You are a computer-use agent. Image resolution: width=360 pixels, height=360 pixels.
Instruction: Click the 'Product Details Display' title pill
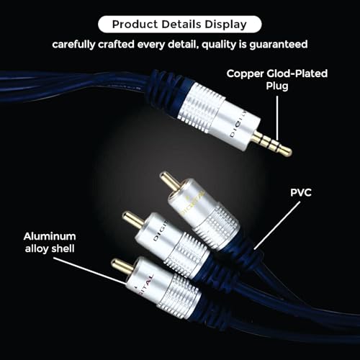tap(179, 24)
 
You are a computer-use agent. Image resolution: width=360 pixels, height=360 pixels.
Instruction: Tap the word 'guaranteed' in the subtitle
tap(279, 45)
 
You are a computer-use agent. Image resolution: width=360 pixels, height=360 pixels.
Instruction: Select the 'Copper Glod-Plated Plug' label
tap(277, 80)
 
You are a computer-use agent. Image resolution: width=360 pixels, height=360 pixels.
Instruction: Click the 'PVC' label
tap(301, 192)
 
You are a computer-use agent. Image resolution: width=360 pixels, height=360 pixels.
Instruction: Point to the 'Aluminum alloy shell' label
tap(50, 243)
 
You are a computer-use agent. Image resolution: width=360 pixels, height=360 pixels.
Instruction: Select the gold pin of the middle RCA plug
tap(132, 220)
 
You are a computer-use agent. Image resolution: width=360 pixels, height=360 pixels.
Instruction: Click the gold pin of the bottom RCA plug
tap(122, 266)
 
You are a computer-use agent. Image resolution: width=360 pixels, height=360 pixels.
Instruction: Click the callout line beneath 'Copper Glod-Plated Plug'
tap(277, 118)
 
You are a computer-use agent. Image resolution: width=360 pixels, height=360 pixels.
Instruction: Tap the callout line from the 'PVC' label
tap(277, 225)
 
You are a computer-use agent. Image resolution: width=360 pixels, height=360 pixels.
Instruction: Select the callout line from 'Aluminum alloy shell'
tap(89, 271)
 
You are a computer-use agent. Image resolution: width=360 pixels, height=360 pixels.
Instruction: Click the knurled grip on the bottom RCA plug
tap(179, 291)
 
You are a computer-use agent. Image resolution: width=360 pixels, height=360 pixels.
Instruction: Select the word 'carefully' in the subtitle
tap(73, 45)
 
